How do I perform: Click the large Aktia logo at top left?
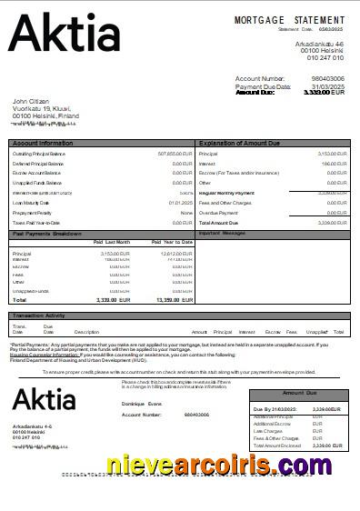click(x=64, y=35)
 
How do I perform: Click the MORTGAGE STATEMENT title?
click(x=289, y=20)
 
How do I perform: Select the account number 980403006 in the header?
click(x=328, y=79)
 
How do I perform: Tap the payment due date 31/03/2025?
click(x=328, y=85)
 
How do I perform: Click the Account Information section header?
click(x=43, y=144)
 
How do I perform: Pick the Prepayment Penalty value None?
click(x=186, y=212)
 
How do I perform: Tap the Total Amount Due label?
click(x=217, y=222)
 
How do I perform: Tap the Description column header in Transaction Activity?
click(x=86, y=332)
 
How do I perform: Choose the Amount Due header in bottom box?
click(x=300, y=393)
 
